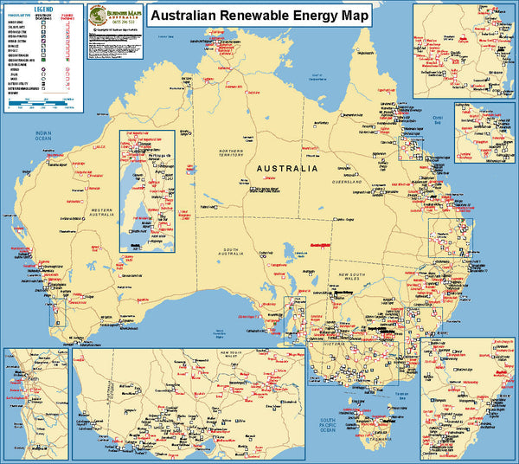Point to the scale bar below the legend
42,105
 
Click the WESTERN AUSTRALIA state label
103,211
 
